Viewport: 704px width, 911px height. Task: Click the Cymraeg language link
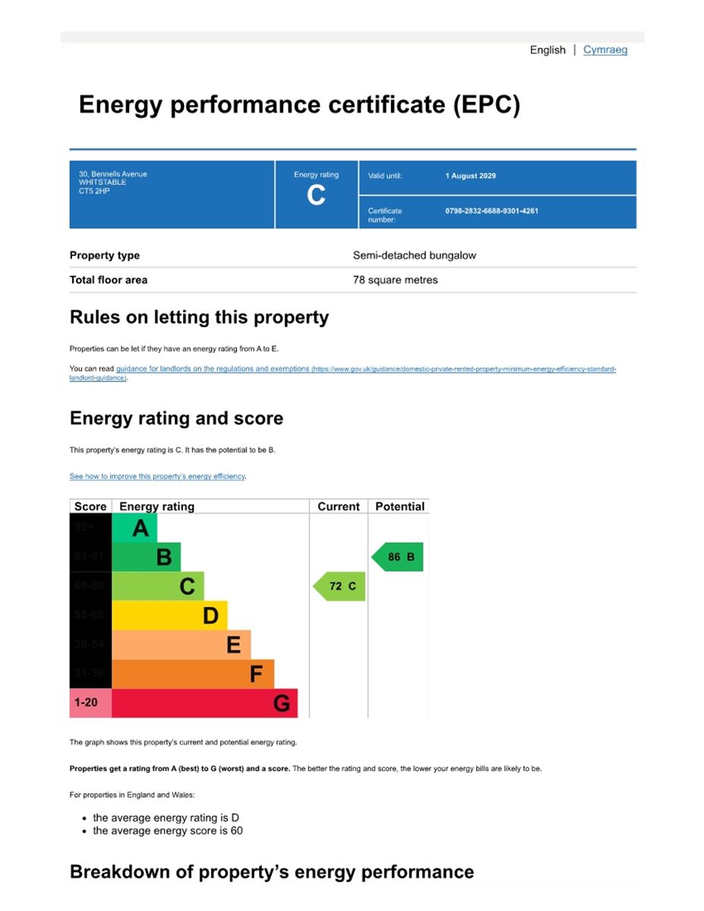pyautogui.click(x=605, y=50)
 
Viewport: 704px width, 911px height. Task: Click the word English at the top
pyautogui.click(x=548, y=50)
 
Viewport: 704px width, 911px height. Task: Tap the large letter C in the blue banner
pyautogui.click(x=316, y=196)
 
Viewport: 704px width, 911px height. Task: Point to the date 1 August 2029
pyautogui.click(x=470, y=176)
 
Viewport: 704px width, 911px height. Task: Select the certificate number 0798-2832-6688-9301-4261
pyautogui.click(x=491, y=211)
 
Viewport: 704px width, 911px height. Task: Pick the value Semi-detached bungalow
pyautogui.click(x=414, y=256)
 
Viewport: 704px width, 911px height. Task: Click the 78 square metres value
pyautogui.click(x=395, y=280)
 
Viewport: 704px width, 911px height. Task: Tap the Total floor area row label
pyautogui.click(x=109, y=280)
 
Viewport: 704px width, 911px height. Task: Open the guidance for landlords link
pyautogui.click(x=213, y=369)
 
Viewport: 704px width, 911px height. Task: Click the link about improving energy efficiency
pyautogui.click(x=157, y=477)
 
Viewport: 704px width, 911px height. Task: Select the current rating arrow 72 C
pyautogui.click(x=339, y=586)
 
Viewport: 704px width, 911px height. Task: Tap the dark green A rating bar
pyautogui.click(x=134, y=528)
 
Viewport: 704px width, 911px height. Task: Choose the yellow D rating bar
pyautogui.click(x=169, y=616)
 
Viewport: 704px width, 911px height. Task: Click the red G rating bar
pyautogui.click(x=204, y=703)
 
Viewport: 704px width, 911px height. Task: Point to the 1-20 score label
pyautogui.click(x=86, y=703)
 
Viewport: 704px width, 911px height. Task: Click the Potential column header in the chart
pyautogui.click(x=399, y=506)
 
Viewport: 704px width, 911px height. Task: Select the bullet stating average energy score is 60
pyautogui.click(x=167, y=831)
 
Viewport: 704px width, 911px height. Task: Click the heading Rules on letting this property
pyautogui.click(x=199, y=317)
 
